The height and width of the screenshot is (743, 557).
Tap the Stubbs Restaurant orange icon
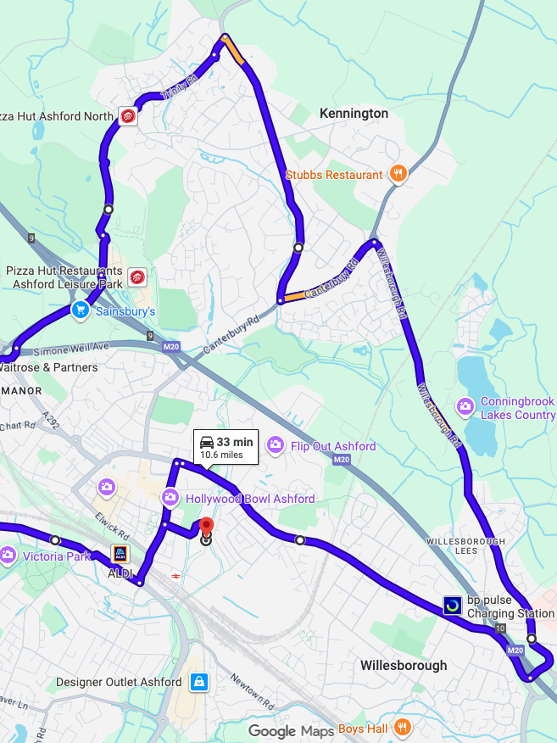click(398, 175)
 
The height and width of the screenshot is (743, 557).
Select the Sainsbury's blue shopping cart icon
click(80, 310)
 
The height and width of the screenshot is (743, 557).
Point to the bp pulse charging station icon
click(453, 606)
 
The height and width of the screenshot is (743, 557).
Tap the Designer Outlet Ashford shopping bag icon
click(199, 681)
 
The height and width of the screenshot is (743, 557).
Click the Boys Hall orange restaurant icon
click(403, 728)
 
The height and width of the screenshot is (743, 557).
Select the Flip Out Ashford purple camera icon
click(275, 445)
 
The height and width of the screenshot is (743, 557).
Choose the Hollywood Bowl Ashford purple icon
click(170, 498)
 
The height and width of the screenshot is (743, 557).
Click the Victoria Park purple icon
click(8, 556)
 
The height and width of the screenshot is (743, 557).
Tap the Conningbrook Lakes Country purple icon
click(465, 407)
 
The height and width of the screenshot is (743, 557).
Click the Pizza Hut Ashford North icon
click(128, 116)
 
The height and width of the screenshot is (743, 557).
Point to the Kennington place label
click(354, 114)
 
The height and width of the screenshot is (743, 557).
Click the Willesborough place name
click(404, 665)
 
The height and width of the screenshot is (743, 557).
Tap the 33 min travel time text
click(235, 442)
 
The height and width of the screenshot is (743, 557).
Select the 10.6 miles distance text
click(221, 455)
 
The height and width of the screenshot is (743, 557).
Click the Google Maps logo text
click(291, 731)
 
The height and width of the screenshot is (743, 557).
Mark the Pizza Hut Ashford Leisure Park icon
click(136, 277)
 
